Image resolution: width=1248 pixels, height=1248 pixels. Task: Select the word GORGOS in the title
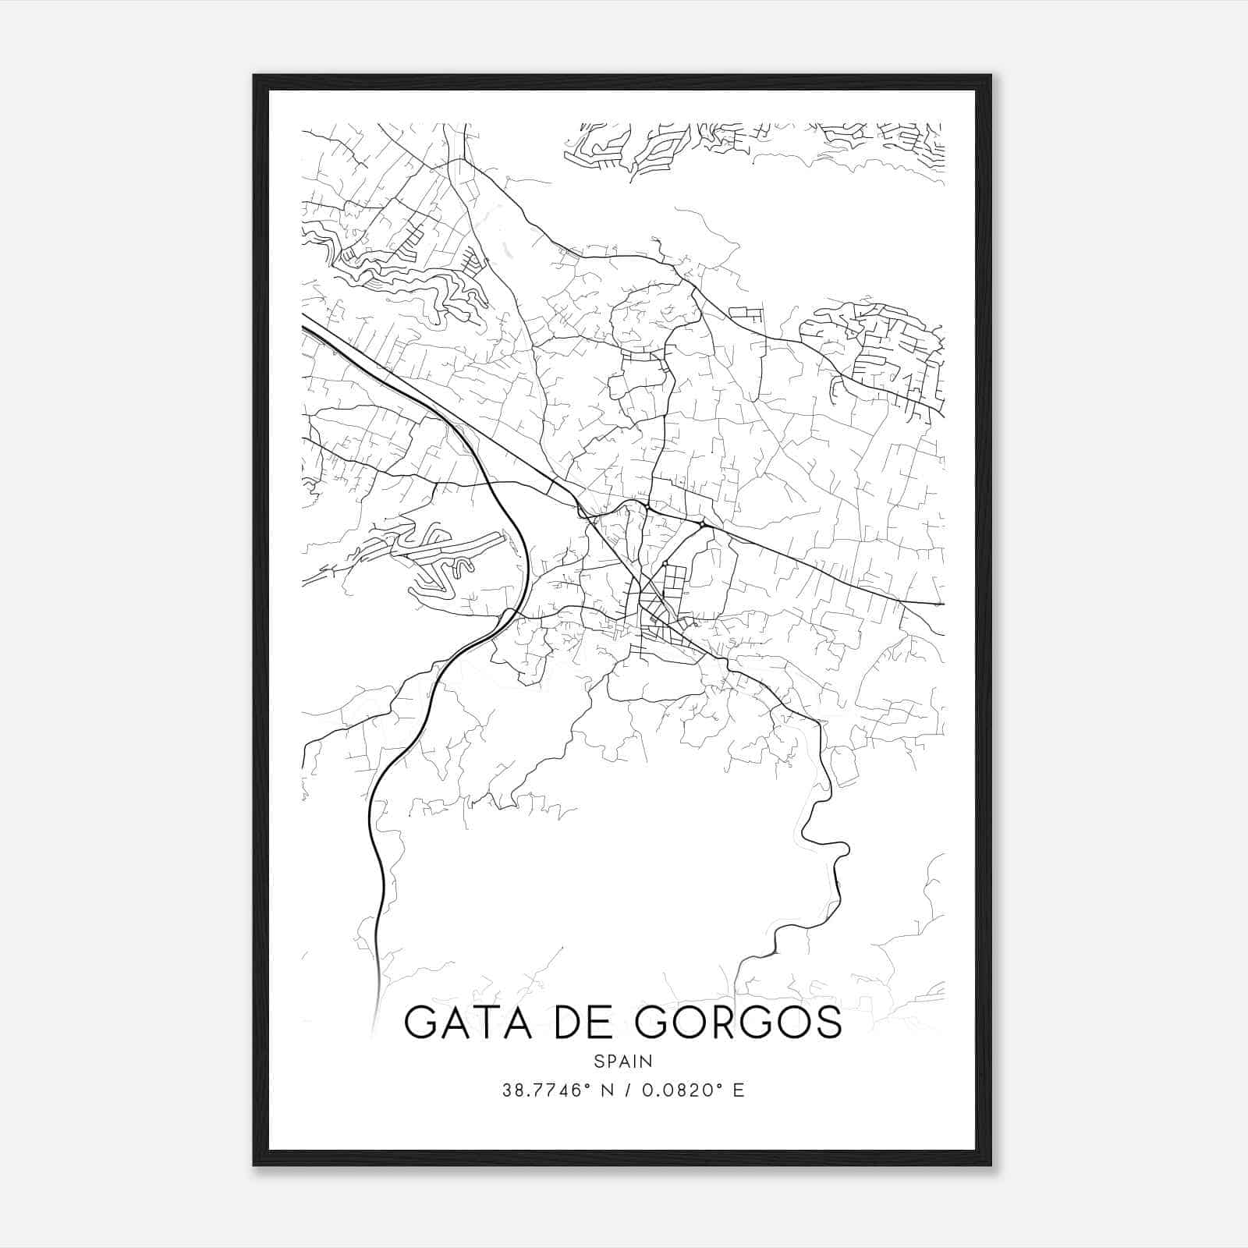click(x=739, y=1023)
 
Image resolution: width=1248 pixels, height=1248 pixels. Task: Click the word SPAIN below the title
click(x=623, y=1062)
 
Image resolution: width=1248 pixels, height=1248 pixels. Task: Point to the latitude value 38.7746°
click(x=543, y=1090)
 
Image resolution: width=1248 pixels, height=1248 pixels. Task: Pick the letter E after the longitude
click(x=739, y=1090)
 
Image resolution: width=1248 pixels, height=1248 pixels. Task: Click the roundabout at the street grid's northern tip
click(x=665, y=563)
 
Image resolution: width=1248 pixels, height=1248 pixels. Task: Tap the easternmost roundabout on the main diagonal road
click(x=702, y=525)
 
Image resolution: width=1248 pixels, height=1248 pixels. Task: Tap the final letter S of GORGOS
click(x=830, y=1023)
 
